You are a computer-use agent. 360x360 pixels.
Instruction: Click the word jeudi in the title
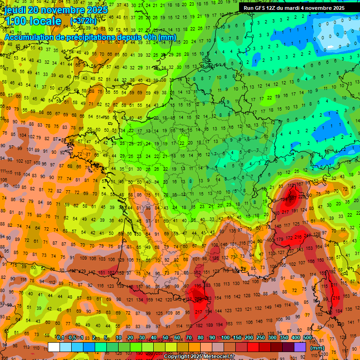(19, 10)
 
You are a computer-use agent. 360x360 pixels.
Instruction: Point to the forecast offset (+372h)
(83, 21)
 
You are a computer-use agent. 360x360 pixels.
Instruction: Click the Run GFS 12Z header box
(294, 8)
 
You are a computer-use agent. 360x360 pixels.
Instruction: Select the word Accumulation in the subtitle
(28, 37)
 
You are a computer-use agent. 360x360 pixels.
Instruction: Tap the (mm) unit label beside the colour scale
(317, 348)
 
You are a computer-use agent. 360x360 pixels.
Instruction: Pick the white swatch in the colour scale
(54, 347)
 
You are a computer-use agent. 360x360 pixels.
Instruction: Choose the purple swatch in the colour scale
(300, 347)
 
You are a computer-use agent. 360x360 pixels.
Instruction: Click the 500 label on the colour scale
(307, 337)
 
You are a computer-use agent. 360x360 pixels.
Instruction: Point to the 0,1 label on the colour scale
(60, 337)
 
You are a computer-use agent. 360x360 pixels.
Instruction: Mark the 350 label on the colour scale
(284, 337)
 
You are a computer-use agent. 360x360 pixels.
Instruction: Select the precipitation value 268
(198, 298)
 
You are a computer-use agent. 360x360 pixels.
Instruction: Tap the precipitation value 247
(307, 236)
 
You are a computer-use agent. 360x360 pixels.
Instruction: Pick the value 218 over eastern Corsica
(336, 298)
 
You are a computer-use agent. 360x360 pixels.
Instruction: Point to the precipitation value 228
(302, 197)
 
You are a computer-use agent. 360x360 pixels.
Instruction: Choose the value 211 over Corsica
(334, 285)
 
